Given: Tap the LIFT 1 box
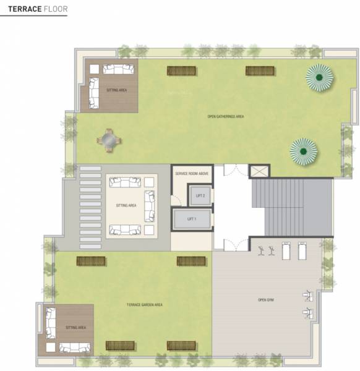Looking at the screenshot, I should pyautogui.click(x=191, y=219).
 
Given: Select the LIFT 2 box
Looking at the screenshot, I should pyautogui.click(x=199, y=195).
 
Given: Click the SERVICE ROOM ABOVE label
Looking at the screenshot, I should pyautogui.click(x=191, y=174).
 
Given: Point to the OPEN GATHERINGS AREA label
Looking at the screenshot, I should pyautogui.click(x=226, y=116).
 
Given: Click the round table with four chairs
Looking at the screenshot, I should pyautogui.click(x=109, y=141).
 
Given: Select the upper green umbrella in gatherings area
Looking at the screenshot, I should pyautogui.click(x=319, y=77).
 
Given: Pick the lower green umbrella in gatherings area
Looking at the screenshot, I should pyautogui.click(x=304, y=150).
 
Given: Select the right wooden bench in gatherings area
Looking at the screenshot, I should pyautogui.click(x=260, y=70).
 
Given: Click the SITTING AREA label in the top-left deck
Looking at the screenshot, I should pyautogui.click(x=117, y=90).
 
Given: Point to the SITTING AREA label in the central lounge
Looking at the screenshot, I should pyautogui.click(x=126, y=205).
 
